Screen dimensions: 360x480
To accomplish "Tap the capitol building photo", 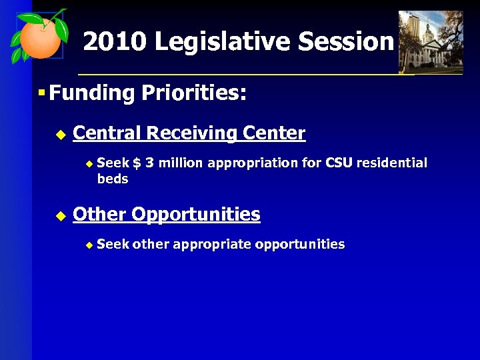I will coord(431,41).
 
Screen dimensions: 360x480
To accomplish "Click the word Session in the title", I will coord(346,42).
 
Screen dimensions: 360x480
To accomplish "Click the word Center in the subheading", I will coord(274,133).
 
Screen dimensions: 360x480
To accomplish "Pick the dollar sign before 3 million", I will coord(137,163).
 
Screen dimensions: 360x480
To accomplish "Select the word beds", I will coord(112,179).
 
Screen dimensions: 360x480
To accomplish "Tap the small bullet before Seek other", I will coord(90,245).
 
